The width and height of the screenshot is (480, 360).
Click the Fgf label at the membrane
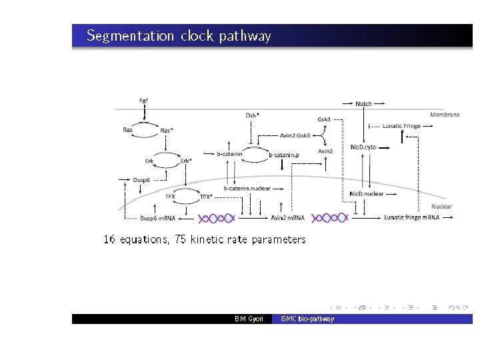(143, 101)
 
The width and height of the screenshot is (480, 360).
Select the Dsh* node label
(252, 115)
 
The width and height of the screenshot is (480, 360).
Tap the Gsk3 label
(324, 119)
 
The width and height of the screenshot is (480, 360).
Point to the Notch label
(363, 103)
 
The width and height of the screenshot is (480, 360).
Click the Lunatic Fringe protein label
(401, 125)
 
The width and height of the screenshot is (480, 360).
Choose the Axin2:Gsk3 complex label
(295, 135)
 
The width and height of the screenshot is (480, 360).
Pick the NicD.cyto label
(363, 147)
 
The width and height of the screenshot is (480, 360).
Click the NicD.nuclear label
(367, 193)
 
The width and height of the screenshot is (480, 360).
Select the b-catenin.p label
(284, 155)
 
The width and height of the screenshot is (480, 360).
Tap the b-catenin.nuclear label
(247, 188)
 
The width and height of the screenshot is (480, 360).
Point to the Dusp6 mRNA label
(157, 218)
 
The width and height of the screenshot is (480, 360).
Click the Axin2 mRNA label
(287, 218)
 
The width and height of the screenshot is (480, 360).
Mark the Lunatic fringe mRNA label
(411, 218)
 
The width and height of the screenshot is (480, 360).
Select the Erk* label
(186, 161)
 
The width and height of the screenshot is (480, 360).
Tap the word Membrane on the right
(445, 115)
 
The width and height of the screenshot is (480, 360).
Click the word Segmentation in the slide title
(131, 36)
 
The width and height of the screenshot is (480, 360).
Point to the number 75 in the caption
(180, 239)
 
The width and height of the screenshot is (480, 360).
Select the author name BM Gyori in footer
(249, 319)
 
